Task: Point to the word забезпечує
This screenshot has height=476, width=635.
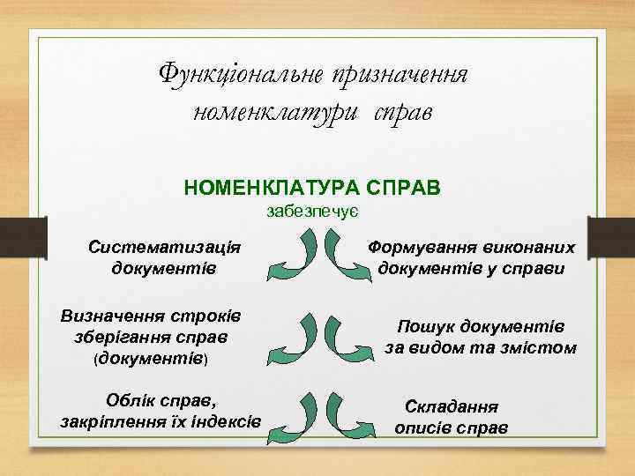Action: coord(311,212)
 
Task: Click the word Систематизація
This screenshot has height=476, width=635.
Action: coord(165,246)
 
